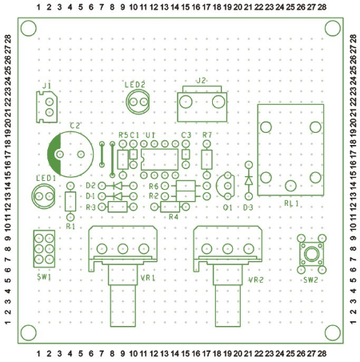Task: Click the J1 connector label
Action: pyautogui.click(x=47, y=86)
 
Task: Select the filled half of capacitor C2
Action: pyautogui.click(x=54, y=155)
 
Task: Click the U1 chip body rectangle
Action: pyautogui.click(x=159, y=159)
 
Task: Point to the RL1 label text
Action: pyautogui.click(x=291, y=203)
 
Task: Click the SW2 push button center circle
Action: pyautogui.click(x=311, y=254)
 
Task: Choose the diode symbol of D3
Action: pyautogui.click(x=249, y=180)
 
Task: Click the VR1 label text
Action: pyautogui.click(x=148, y=278)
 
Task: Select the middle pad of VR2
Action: pyautogui.click(x=227, y=248)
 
